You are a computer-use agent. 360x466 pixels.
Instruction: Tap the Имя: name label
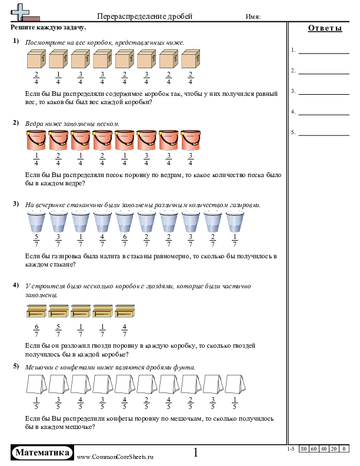(x=253, y=18)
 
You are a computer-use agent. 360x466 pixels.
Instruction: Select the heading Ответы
(x=325, y=29)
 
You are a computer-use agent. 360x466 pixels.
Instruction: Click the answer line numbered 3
(x=324, y=93)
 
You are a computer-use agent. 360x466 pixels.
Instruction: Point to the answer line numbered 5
(x=324, y=134)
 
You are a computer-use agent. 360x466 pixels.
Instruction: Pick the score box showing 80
(x=304, y=449)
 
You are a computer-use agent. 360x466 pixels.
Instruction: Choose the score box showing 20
(x=334, y=449)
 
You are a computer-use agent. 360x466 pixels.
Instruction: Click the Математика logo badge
(x=42, y=452)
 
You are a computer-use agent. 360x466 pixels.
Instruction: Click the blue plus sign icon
(x=21, y=10)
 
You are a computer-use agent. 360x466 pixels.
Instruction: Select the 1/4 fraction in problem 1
(x=59, y=78)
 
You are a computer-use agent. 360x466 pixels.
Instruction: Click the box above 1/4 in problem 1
(x=59, y=59)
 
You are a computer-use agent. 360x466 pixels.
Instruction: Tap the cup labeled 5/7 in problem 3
(x=36, y=222)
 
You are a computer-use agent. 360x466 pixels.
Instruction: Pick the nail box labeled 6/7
(x=36, y=312)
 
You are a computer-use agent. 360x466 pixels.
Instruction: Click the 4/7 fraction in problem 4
(x=125, y=331)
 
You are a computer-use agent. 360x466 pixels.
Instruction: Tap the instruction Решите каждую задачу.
(x=48, y=27)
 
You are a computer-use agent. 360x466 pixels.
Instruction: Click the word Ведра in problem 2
(x=35, y=124)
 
